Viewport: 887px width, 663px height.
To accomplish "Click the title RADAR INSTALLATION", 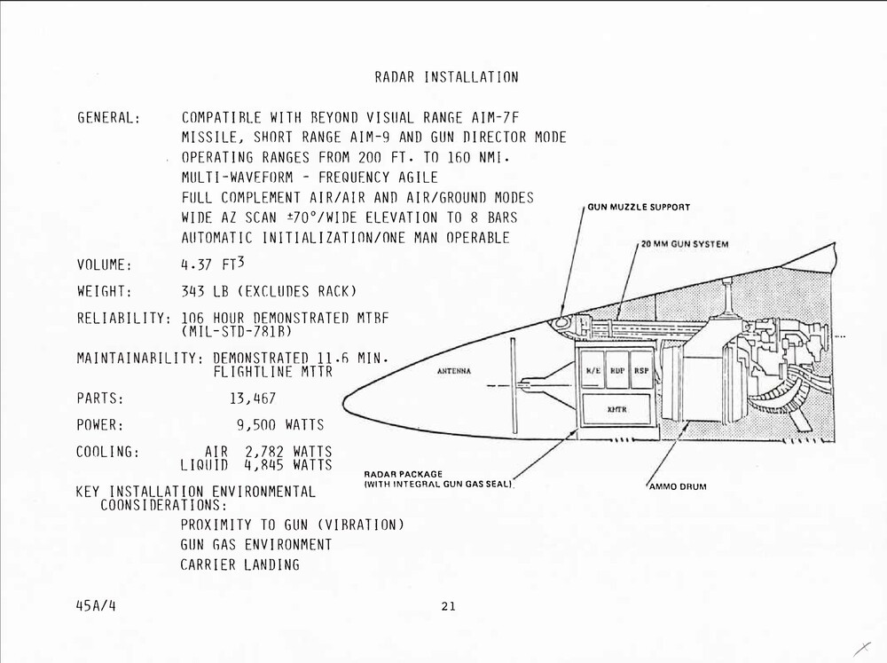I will click(x=446, y=77).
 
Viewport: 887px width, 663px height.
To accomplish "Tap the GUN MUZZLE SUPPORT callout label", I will click(x=639, y=207).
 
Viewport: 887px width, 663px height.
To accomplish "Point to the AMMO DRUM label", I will click(x=678, y=486).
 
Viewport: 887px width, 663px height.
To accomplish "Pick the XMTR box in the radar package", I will click(x=616, y=409).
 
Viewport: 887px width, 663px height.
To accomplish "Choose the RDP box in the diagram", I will click(x=617, y=370).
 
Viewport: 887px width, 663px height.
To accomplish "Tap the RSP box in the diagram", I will click(x=640, y=370).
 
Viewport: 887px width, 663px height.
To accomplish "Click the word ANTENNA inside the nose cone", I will click(x=454, y=371).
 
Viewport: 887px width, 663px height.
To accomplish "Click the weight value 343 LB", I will click(x=203, y=291).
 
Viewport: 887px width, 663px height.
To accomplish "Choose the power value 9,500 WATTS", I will click(x=279, y=425).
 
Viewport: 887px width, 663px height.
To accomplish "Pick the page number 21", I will click(x=447, y=607).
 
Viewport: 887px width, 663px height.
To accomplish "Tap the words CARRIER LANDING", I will click(x=239, y=564).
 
